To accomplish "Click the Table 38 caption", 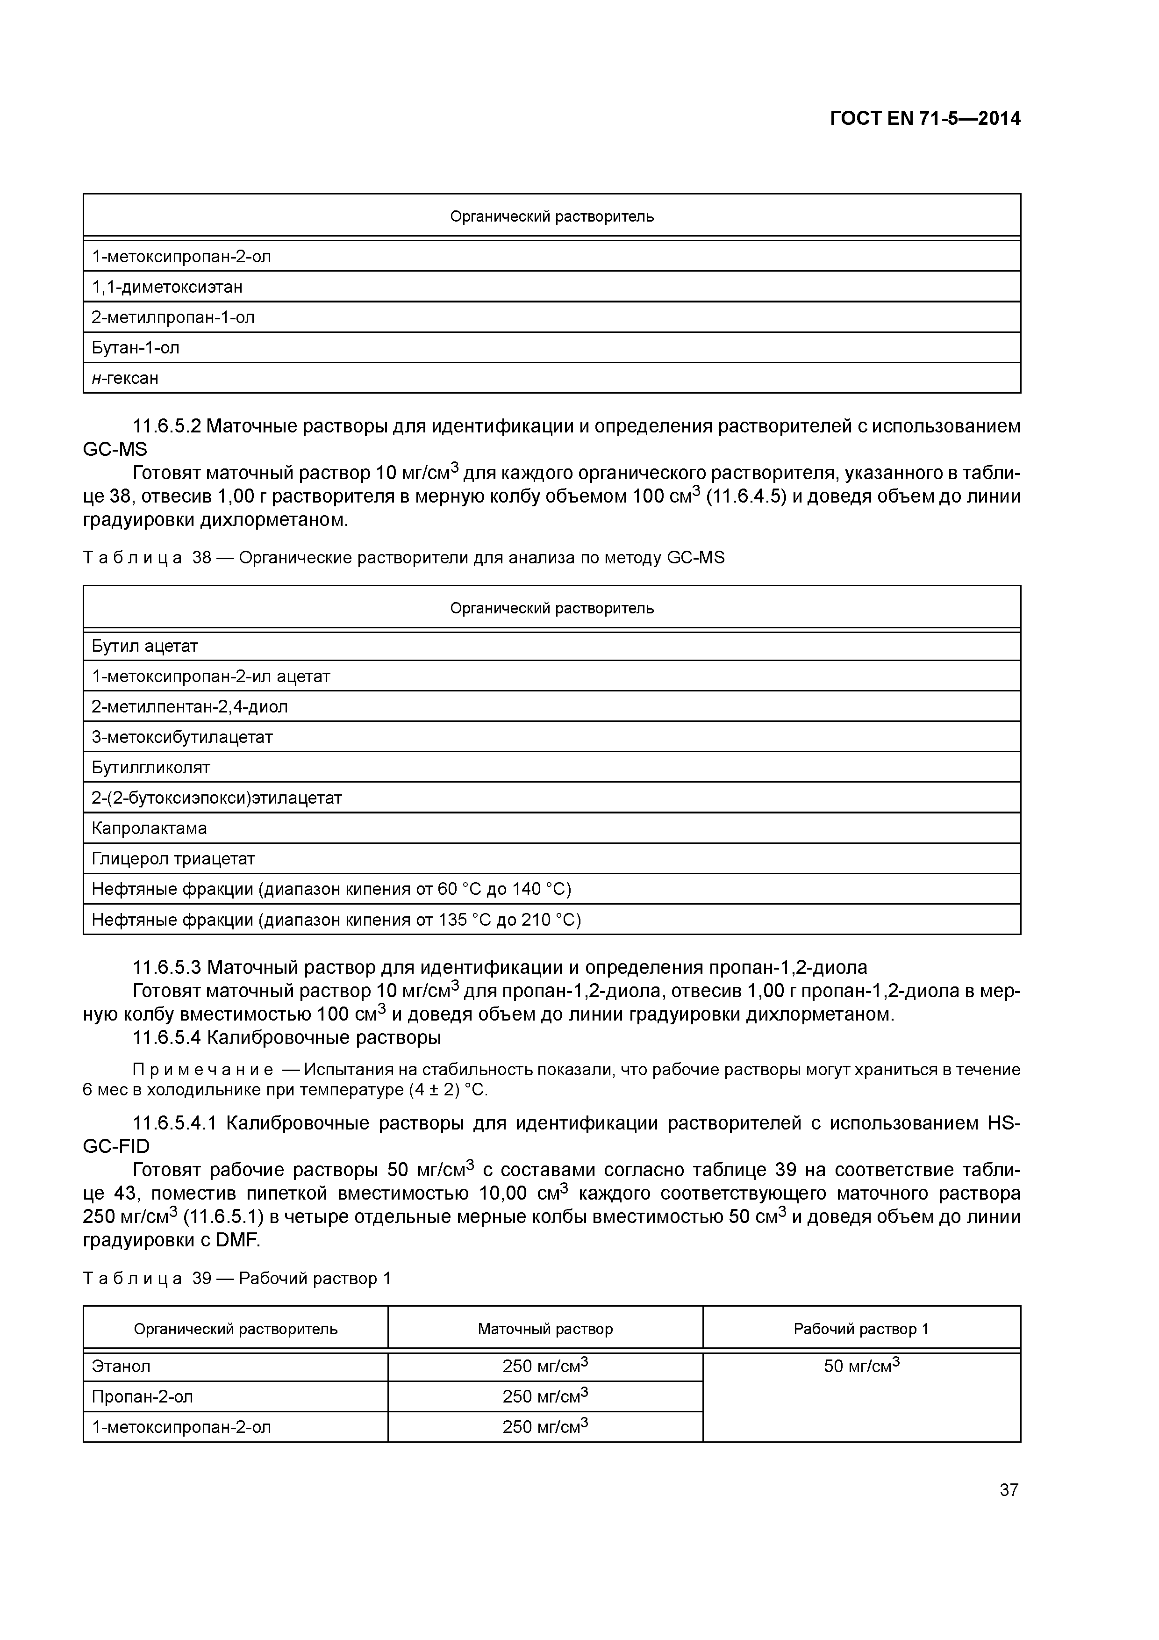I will pos(403,558).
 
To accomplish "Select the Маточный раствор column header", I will pos(545,1329).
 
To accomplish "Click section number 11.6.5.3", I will pos(169,968).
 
